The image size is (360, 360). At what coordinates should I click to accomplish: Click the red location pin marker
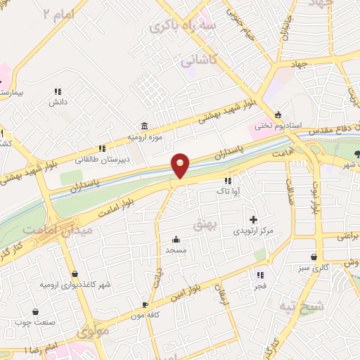click(x=181, y=165)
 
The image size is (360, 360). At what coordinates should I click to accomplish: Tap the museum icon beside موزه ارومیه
click(x=144, y=126)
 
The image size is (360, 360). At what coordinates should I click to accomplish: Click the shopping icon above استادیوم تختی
click(x=278, y=115)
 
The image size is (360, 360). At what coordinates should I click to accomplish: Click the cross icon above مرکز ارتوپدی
click(x=253, y=220)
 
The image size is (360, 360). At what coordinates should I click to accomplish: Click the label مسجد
click(x=174, y=250)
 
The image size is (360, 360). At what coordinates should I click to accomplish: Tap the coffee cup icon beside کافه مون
click(x=145, y=305)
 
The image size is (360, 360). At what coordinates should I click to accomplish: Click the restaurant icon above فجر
click(x=261, y=275)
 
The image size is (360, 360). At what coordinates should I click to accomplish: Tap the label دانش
click(x=57, y=103)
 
